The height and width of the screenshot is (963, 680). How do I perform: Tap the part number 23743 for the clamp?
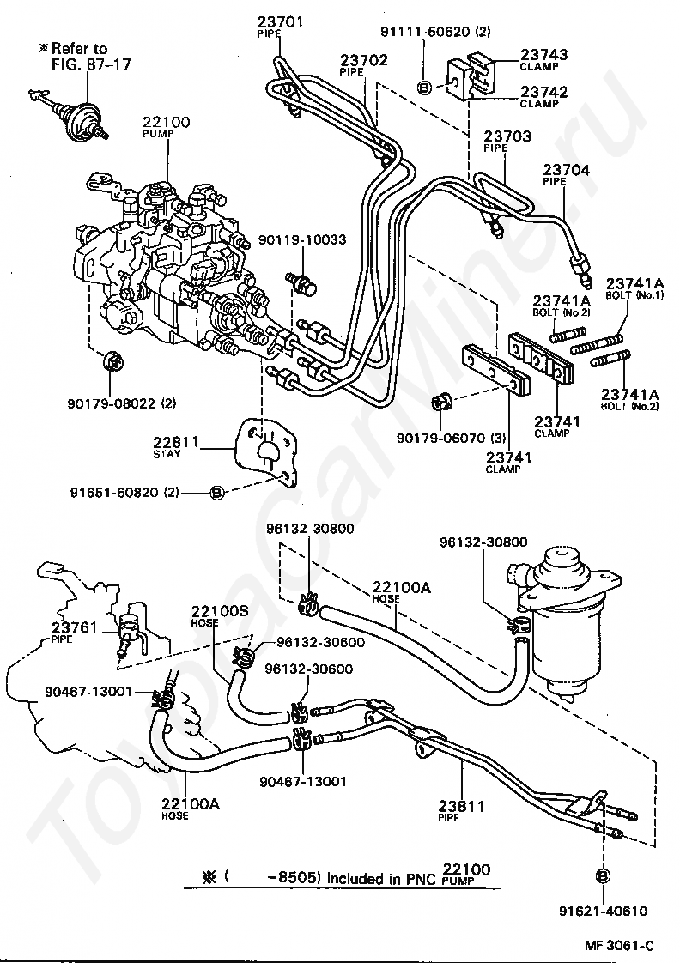[x=537, y=53]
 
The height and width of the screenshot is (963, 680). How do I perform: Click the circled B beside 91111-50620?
[x=423, y=86]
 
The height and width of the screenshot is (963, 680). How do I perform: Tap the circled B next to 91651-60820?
[x=217, y=492]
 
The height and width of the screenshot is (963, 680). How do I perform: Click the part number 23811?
[x=461, y=807]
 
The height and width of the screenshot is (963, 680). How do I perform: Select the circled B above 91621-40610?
[x=602, y=876]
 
